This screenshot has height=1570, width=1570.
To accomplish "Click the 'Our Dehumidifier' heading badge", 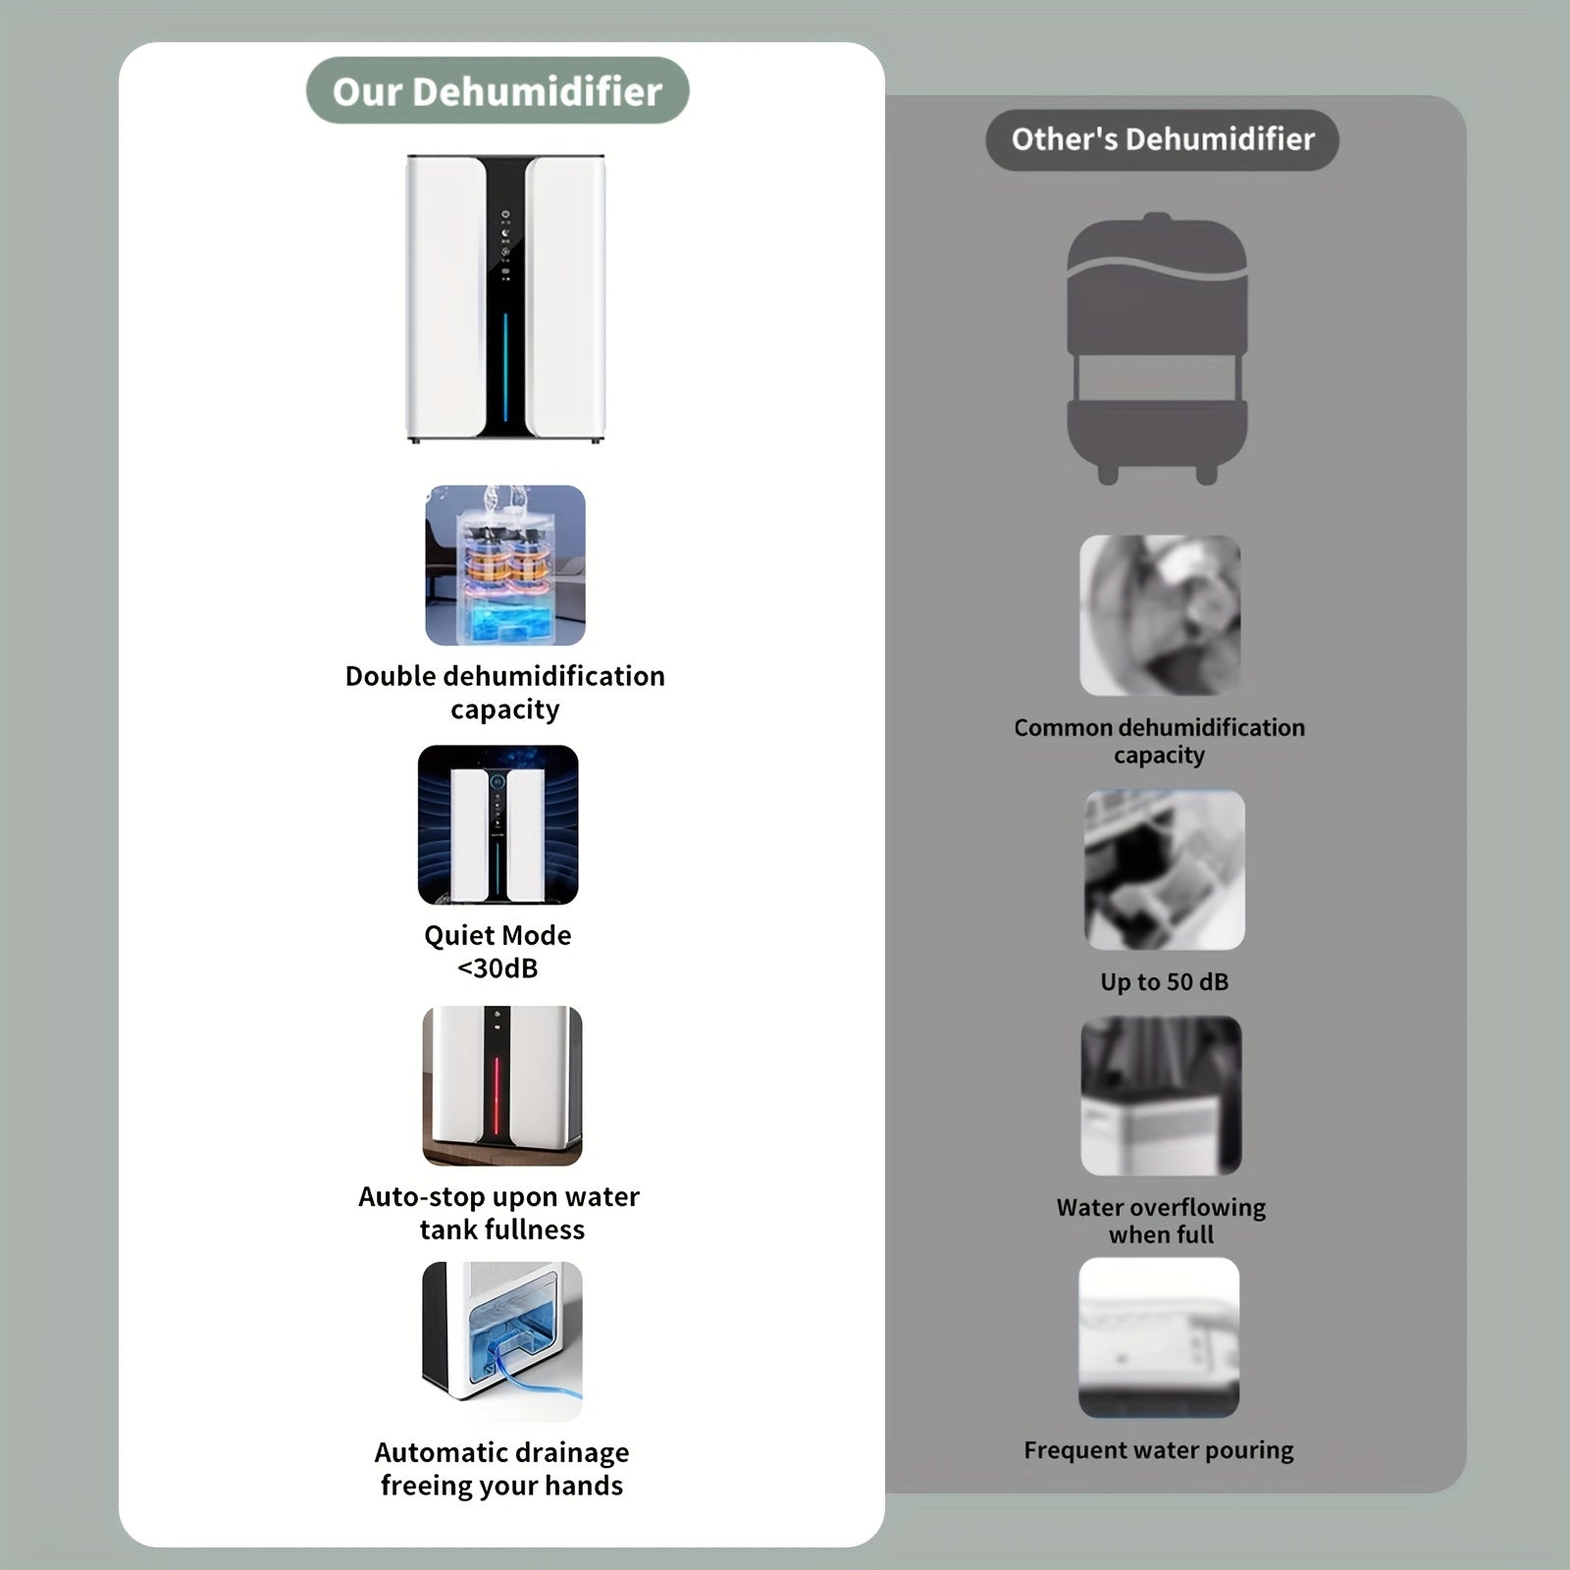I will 497,91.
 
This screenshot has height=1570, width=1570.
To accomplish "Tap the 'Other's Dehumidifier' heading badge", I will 1162,139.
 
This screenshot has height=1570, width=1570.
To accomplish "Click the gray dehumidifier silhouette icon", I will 1157,348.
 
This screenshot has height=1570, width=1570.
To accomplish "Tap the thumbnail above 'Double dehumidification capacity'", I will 505,565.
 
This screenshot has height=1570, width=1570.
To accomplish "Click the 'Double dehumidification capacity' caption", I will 504,692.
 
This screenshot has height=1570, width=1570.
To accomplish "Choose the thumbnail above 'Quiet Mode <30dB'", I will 497,824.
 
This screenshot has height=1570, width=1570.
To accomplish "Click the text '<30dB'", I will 497,968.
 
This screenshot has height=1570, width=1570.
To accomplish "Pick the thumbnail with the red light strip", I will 502,1085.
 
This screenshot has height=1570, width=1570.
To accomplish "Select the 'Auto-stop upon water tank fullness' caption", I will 499,1213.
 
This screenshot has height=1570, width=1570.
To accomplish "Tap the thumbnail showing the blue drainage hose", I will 502,1341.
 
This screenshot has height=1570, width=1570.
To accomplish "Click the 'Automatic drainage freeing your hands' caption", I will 501,1469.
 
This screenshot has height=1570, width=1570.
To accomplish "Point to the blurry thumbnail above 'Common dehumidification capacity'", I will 1160,615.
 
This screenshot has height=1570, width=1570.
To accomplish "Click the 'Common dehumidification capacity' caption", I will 1159,741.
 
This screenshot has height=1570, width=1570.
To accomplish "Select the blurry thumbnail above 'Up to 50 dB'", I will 1165,869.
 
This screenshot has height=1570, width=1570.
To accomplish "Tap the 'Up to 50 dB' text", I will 1164,982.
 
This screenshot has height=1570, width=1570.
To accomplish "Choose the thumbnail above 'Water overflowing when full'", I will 1161,1095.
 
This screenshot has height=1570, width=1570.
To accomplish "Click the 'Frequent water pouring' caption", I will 1159,1450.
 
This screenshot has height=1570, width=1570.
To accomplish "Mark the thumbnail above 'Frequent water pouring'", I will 1159,1337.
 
